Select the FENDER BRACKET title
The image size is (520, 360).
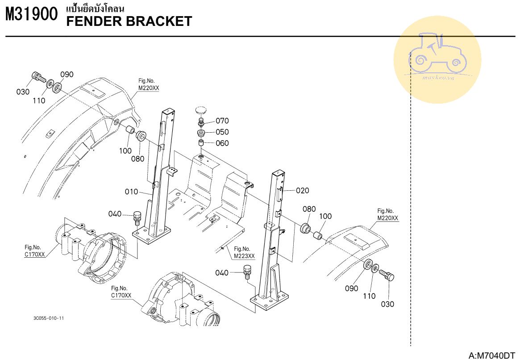point(129,21)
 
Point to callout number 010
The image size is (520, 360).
point(131,192)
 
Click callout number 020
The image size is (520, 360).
point(302,191)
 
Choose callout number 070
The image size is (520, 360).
point(222,121)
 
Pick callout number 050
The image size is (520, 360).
point(222,132)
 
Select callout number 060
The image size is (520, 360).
point(222,143)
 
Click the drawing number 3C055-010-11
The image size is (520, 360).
point(49,318)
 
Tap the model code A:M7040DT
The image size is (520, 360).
point(491,356)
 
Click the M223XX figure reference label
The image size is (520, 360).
point(244,256)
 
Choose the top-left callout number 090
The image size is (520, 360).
point(67,75)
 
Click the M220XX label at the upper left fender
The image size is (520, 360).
point(148,88)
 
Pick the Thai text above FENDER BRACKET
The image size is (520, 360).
point(95,8)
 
